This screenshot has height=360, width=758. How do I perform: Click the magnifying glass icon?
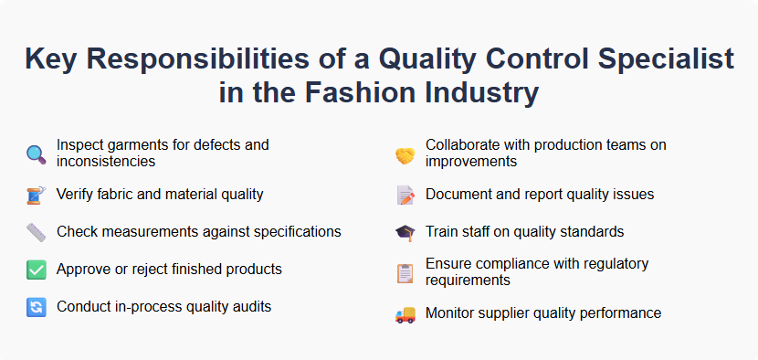(x=36, y=154)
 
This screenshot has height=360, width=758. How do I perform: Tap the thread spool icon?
(x=36, y=195)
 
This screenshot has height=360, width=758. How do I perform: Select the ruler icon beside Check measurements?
(x=36, y=232)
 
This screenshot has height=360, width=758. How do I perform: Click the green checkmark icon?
(x=36, y=270)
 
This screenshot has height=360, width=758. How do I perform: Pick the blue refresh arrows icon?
(x=36, y=307)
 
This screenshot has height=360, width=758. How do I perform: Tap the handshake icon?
(x=405, y=154)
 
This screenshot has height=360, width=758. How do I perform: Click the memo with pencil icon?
(x=405, y=195)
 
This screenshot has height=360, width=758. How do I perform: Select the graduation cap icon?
(x=405, y=232)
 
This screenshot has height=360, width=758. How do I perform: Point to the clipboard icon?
(x=405, y=272)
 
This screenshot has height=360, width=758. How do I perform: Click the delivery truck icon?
(x=405, y=313)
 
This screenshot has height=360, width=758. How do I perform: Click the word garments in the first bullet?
(x=138, y=145)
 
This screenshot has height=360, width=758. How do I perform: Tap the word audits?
(x=249, y=307)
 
